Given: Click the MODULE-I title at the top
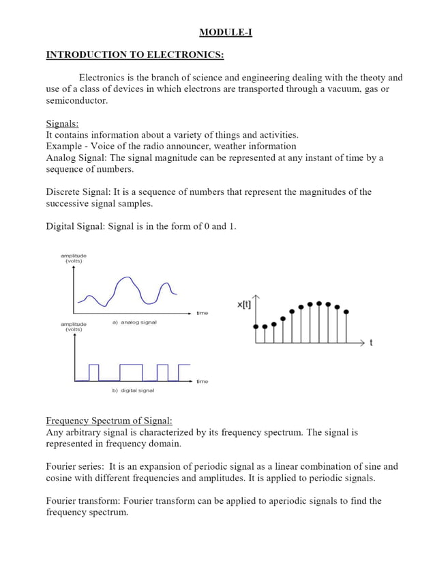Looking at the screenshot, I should (x=225, y=32).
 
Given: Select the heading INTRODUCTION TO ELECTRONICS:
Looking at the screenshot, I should (x=134, y=55).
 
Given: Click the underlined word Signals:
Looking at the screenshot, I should (x=62, y=123).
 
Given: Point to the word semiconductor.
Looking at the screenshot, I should (x=76, y=101).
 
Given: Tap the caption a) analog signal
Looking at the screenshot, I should (x=134, y=322).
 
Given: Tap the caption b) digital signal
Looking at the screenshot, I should (x=133, y=391).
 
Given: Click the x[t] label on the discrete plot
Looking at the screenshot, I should (x=243, y=305).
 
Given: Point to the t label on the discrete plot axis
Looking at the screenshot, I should (x=371, y=342).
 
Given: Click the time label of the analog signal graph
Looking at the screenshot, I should (x=202, y=313).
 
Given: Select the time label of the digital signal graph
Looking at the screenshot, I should (x=202, y=382).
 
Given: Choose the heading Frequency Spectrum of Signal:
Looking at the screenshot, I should (x=109, y=421).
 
